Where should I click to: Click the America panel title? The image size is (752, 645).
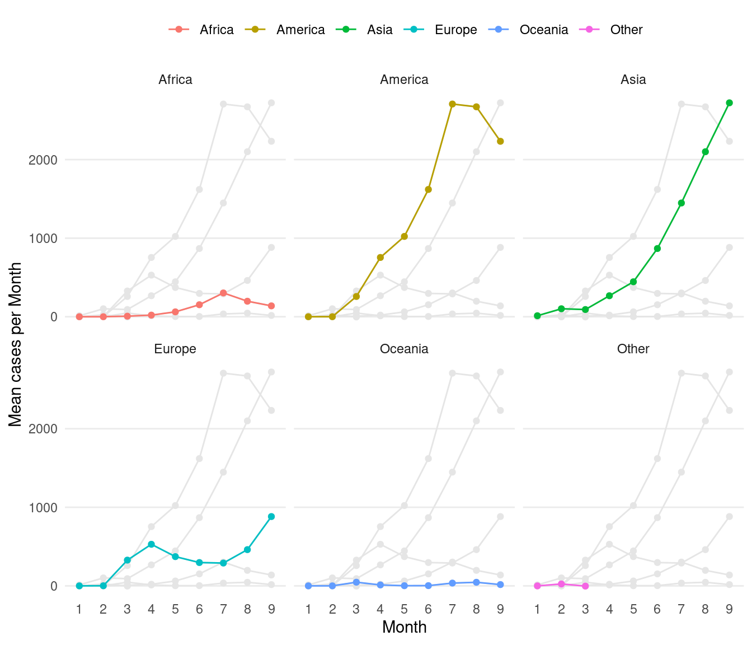click(404, 80)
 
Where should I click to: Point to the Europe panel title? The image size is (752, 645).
click(175, 349)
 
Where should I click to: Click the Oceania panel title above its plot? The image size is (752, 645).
click(404, 349)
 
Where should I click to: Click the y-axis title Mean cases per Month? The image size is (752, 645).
click(16, 344)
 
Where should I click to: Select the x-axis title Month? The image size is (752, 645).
click(404, 627)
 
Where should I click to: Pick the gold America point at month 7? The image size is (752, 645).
click(452, 104)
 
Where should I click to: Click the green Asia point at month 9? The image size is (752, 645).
click(729, 103)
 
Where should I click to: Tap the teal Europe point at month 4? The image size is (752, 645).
click(151, 544)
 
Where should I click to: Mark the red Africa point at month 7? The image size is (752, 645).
click(223, 293)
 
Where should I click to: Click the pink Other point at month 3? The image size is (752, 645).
click(585, 586)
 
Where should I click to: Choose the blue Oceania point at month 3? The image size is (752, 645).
click(356, 582)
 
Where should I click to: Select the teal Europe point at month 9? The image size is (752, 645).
click(271, 516)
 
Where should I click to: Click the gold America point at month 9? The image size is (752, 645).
click(500, 141)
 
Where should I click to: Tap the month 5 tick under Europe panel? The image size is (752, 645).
click(175, 609)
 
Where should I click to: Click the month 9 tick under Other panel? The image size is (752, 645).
click(729, 609)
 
